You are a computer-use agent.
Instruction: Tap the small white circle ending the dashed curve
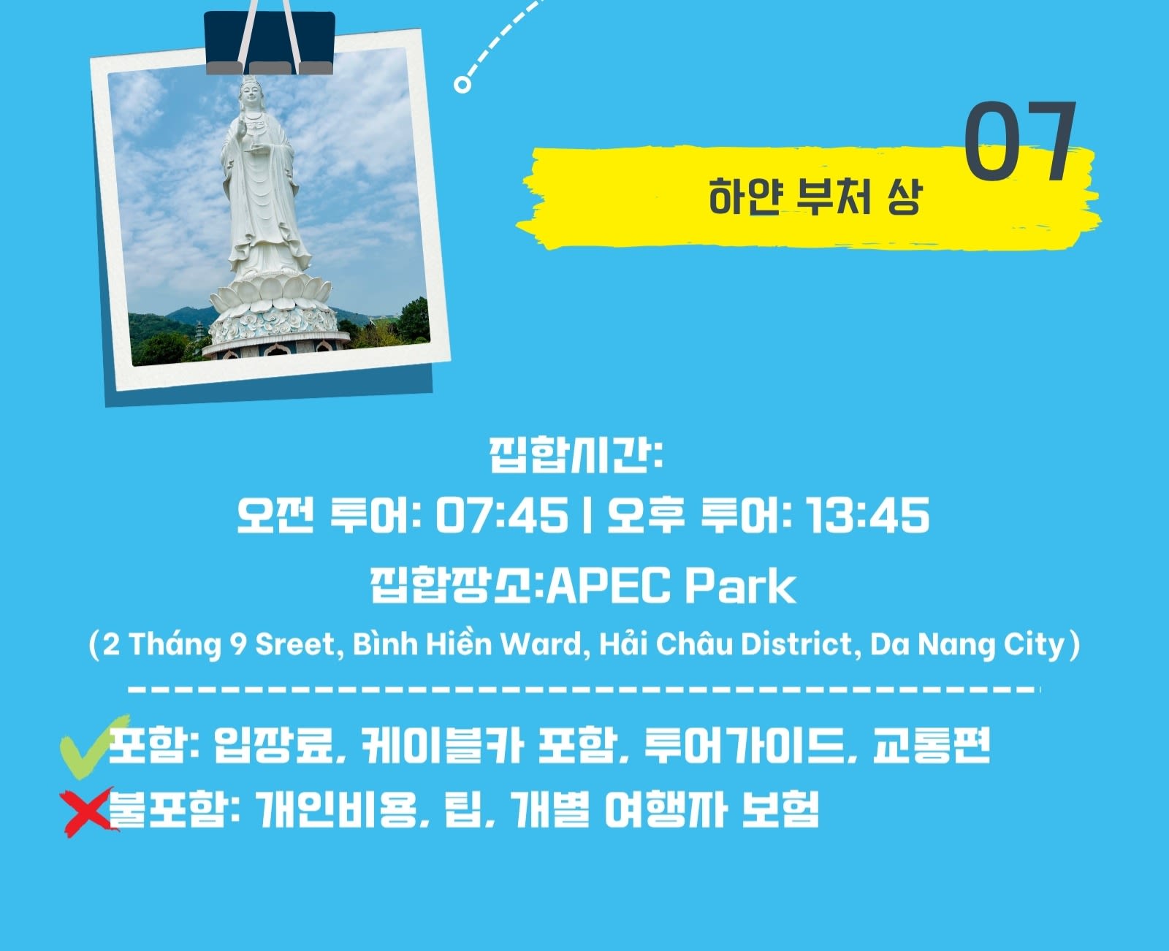(x=462, y=85)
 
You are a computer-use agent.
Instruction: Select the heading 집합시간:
(x=576, y=455)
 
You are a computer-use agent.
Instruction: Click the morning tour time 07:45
(x=502, y=515)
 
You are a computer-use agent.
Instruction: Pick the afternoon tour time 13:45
(x=867, y=515)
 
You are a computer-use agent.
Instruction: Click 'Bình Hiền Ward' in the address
(x=467, y=643)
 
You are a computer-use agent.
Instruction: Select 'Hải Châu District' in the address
(x=726, y=643)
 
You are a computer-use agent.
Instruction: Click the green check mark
(x=94, y=747)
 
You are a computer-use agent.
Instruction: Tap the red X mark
(x=88, y=813)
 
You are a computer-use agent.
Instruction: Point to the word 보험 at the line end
(x=780, y=809)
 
